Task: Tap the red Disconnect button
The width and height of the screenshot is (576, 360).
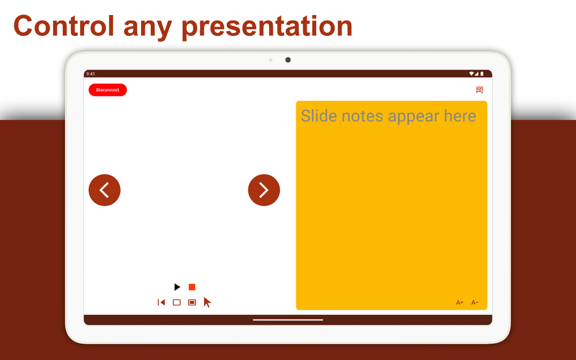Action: tap(107, 90)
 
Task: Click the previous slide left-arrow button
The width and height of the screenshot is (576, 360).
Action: tap(104, 190)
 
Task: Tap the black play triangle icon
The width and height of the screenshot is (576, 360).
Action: tap(177, 287)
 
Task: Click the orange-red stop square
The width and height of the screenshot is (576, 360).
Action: tap(192, 287)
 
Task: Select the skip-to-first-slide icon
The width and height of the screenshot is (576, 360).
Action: tap(161, 302)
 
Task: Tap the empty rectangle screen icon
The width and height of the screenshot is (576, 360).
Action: tap(176, 302)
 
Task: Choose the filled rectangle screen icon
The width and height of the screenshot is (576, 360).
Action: tap(192, 302)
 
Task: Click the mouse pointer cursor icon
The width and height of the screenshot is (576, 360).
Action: tap(207, 302)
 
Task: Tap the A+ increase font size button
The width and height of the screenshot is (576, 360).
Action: tap(460, 302)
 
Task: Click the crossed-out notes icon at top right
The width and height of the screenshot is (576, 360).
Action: tap(479, 90)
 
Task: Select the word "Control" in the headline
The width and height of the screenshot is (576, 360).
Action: tap(64, 26)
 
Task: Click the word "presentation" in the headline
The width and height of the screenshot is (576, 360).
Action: tap(267, 27)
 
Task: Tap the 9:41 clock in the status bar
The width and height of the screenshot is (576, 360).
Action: tap(91, 74)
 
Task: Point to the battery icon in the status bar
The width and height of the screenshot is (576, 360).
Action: tap(482, 74)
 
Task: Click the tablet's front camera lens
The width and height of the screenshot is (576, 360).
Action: tap(288, 60)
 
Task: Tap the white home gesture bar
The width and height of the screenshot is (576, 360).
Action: tap(288, 320)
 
